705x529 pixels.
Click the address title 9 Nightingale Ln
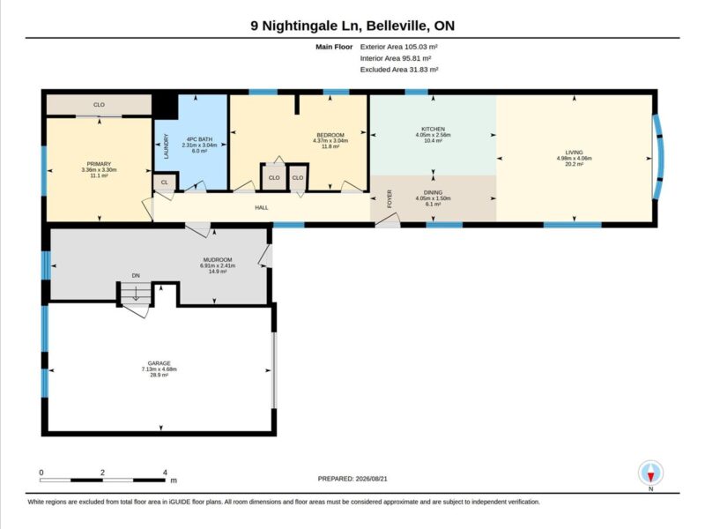[306, 26]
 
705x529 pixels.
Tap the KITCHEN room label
[433, 129]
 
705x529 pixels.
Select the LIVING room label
[575, 153]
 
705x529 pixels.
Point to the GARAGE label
[160, 363]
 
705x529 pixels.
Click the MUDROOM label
[218, 260]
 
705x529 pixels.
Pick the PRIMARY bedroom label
[99, 164]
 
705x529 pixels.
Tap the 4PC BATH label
[199, 139]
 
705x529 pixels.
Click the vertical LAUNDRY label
[166, 146]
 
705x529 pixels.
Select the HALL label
[262, 208]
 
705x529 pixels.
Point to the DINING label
[433, 192]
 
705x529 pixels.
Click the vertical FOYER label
[390, 198]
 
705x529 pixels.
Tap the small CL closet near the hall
[164, 183]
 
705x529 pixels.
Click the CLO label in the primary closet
[99, 105]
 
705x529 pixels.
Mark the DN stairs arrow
[136, 294]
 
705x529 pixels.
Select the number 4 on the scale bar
[165, 473]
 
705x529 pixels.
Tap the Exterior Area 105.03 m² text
[399, 47]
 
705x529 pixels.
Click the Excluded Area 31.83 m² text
[399, 70]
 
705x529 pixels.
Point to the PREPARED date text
[352, 479]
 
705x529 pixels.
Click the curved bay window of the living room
[660, 158]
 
